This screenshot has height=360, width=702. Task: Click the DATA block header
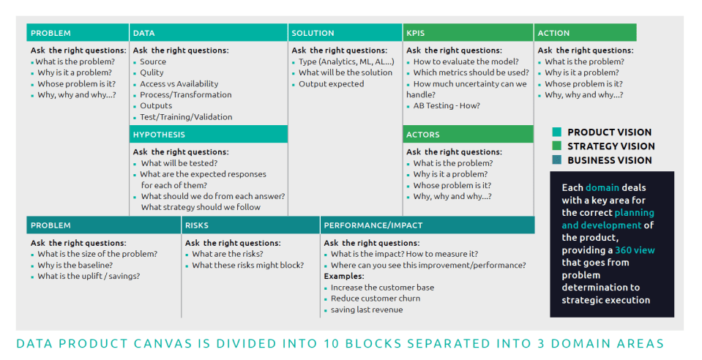tap(143, 33)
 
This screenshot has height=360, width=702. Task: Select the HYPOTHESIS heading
tap(159, 135)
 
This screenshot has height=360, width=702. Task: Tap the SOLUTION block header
tap(313, 33)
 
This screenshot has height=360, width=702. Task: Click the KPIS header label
tap(416, 33)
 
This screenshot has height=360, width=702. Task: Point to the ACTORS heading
tap(423, 135)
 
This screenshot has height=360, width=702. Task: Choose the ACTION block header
tap(554, 33)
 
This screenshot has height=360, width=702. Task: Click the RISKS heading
tap(197, 225)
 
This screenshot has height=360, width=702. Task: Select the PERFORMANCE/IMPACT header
tap(373, 225)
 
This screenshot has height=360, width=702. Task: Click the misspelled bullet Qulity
tap(152, 72)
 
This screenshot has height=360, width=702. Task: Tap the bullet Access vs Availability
tap(179, 83)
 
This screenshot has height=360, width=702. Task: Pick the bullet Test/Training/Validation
tap(186, 117)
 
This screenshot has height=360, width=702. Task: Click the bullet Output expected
tap(332, 83)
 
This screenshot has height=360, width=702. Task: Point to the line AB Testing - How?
tap(447, 105)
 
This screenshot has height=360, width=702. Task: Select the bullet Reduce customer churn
tap(376, 299)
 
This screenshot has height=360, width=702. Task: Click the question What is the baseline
tap(75, 265)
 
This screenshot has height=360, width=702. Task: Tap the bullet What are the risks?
tap(228, 254)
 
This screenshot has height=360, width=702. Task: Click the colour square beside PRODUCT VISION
tap(557, 132)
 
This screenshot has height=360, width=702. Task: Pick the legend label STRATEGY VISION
tap(611, 146)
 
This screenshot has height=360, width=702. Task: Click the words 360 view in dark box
tap(635, 250)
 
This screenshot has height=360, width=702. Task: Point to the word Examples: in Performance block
tap(344, 277)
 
